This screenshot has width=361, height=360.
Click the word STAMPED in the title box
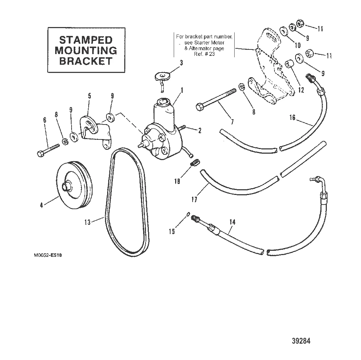tap(86, 39)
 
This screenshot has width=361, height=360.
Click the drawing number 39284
tap(301, 341)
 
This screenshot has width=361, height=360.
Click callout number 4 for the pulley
tap(42, 205)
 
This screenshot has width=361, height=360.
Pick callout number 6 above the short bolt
tap(45, 120)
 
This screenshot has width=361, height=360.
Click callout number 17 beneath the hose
tap(194, 199)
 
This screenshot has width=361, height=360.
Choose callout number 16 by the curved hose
tap(292, 118)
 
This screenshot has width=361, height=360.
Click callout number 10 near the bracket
tap(297, 45)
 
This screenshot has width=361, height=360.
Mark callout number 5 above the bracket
tap(89, 96)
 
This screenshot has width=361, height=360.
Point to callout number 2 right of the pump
tap(199, 131)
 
